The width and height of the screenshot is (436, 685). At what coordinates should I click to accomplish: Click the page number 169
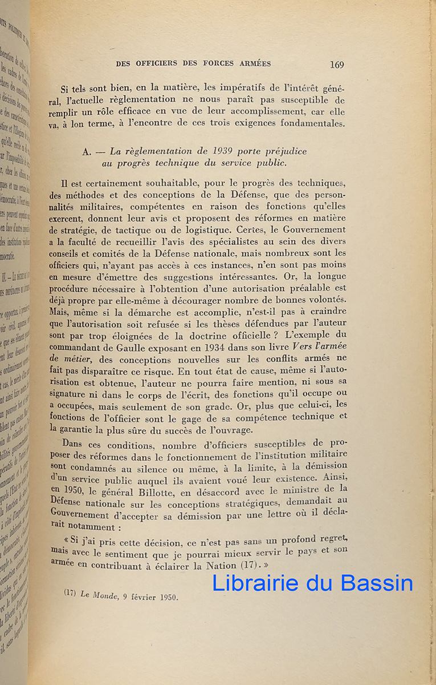(x=337, y=65)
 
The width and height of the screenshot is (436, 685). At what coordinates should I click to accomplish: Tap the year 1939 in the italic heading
(x=214, y=151)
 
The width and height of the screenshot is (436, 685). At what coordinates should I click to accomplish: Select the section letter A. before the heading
(x=87, y=151)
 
